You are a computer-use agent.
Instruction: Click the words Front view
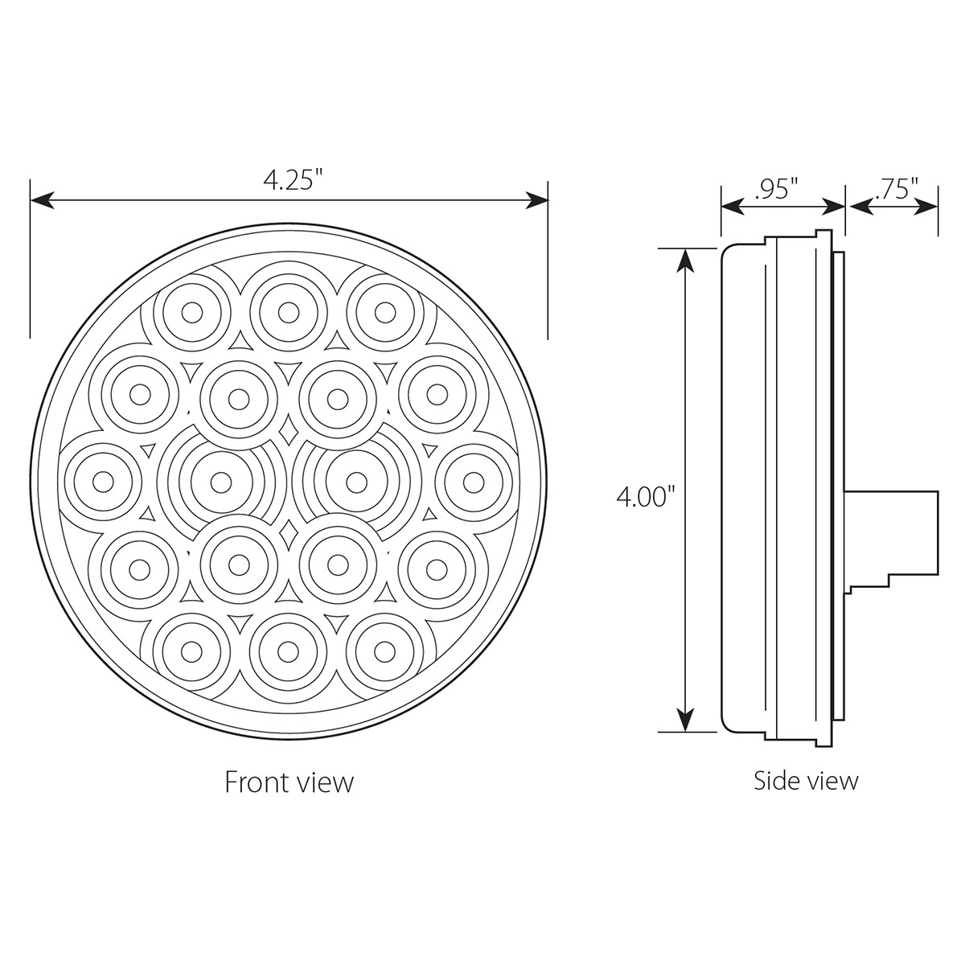289,782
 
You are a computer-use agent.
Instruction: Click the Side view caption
806,779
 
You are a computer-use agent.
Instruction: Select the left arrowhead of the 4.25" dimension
42,201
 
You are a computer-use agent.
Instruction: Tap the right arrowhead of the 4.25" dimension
536,201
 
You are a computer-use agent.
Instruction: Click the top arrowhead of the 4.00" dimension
684,261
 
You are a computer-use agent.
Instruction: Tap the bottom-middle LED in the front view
288,650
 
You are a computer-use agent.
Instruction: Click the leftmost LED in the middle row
102,481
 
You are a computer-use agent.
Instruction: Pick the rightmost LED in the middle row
474,481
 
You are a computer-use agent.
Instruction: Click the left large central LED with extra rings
220,481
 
